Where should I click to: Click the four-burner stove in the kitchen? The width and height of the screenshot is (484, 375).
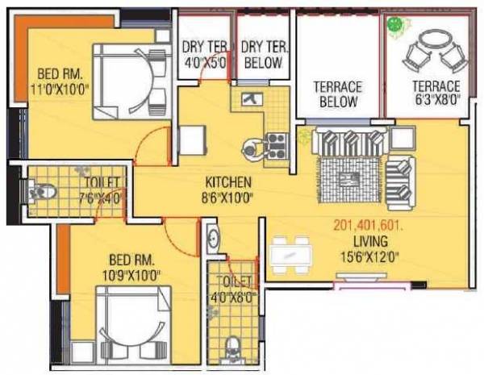[x=276, y=144]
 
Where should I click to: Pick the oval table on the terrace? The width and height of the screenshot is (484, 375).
[x=435, y=40]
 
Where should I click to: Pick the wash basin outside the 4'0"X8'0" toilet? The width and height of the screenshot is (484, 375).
[x=211, y=240]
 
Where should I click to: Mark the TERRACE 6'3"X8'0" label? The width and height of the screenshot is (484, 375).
[x=436, y=93]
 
